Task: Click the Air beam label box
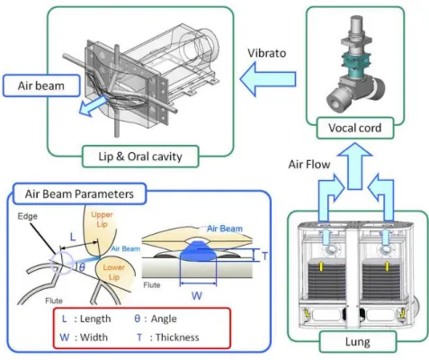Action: (41, 85)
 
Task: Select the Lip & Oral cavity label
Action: (140, 157)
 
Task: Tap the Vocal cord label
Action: (355, 128)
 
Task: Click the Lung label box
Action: (357, 342)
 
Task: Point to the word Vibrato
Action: (266, 53)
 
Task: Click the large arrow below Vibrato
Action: (268, 79)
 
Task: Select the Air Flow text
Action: (309, 165)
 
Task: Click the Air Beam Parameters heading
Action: (79, 193)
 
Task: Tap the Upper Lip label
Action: (102, 220)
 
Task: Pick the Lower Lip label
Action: (114, 272)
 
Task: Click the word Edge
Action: (27, 216)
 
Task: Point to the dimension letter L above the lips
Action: (73, 238)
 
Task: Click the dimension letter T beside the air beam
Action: (264, 256)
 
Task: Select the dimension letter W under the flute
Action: (197, 296)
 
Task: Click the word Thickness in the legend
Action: (177, 337)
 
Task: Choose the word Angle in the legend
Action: (164, 319)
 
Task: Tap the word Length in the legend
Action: (95, 319)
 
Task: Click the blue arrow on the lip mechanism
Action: (93, 106)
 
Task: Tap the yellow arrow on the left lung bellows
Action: (321, 265)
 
